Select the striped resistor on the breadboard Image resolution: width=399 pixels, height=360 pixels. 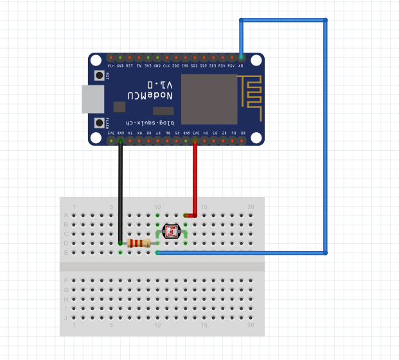pos(139,243)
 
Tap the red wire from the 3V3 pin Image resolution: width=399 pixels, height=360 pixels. pos(195,180)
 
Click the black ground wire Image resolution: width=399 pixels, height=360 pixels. pos(120,193)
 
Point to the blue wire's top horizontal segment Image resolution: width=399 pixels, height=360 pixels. pos(283,21)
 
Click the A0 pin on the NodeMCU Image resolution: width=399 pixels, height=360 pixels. pos(241,58)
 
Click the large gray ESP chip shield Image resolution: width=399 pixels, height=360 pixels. pos(209,99)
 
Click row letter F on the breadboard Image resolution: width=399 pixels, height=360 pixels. pos(66,280)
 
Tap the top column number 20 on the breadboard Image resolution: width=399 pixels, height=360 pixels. pos(251,207)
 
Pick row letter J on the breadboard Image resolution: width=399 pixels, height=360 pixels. pos(66,318)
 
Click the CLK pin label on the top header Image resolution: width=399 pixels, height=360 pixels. pos(166,65)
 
